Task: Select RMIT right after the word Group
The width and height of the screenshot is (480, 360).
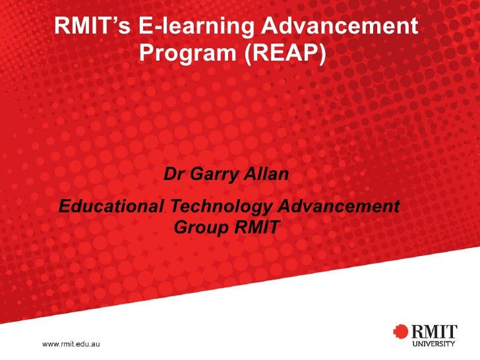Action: point(257,229)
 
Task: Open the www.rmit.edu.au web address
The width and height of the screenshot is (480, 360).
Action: point(72,344)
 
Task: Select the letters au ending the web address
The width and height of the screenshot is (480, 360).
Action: point(96,344)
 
